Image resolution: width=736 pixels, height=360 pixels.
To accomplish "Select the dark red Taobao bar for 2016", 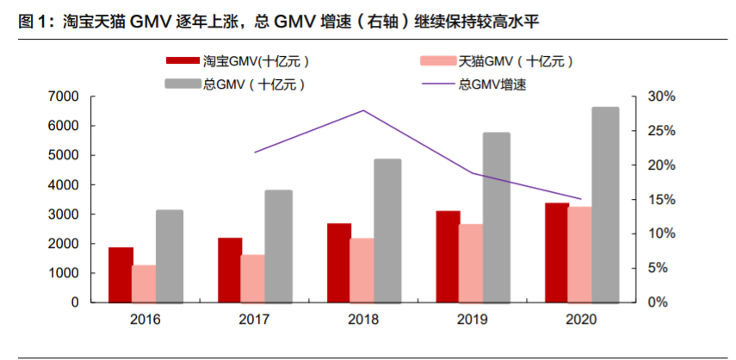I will pyautogui.click(x=121, y=275).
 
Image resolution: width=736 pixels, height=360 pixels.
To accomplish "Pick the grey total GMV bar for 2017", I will pyautogui.click(x=278, y=246).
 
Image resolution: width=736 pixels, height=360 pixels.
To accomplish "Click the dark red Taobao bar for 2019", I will pyautogui.click(x=448, y=257).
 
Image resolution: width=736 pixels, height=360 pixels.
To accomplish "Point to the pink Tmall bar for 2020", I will pyautogui.click(x=580, y=255).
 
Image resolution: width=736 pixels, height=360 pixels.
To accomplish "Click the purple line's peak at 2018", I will pyautogui.click(x=363, y=110).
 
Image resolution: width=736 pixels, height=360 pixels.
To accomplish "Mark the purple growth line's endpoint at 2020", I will pyautogui.click(x=581, y=199).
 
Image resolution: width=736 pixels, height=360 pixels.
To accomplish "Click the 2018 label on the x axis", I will pyautogui.click(x=363, y=319).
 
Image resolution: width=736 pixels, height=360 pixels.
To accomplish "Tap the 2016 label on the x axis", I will pyautogui.click(x=145, y=319).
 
